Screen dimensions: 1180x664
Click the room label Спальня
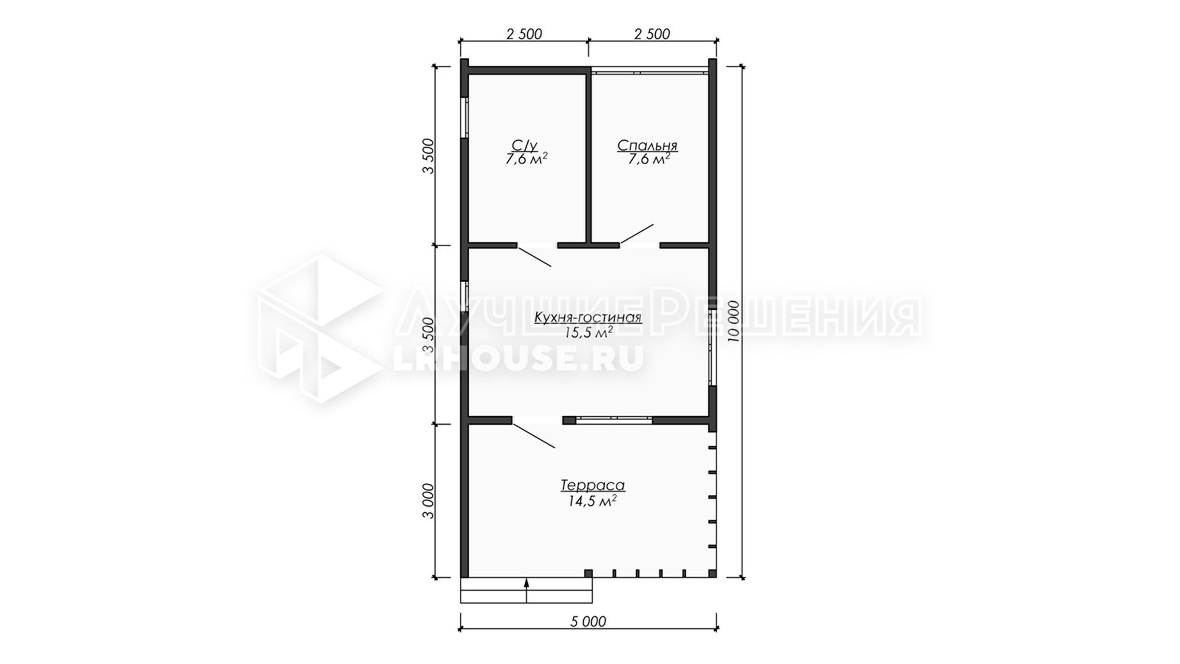[x=647, y=146]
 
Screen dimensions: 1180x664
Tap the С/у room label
[x=524, y=146]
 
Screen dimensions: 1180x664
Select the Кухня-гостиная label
[x=588, y=318]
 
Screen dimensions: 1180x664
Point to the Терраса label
[x=592, y=485]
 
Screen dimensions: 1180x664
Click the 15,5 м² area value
[x=588, y=333]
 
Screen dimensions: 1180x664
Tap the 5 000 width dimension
[x=588, y=622]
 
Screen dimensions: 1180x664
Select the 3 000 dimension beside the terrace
[x=428, y=501]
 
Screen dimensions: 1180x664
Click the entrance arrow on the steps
[x=527, y=593]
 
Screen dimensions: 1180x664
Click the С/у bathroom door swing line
[x=535, y=256]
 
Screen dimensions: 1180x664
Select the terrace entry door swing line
[x=534, y=436]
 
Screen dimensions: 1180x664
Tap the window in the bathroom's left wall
[x=465, y=116]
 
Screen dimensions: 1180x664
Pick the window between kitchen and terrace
[x=614, y=421]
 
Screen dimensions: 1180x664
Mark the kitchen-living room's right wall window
[x=712, y=347]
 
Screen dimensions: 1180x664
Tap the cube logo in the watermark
[x=320, y=329]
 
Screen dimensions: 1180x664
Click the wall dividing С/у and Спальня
[x=588, y=157]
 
